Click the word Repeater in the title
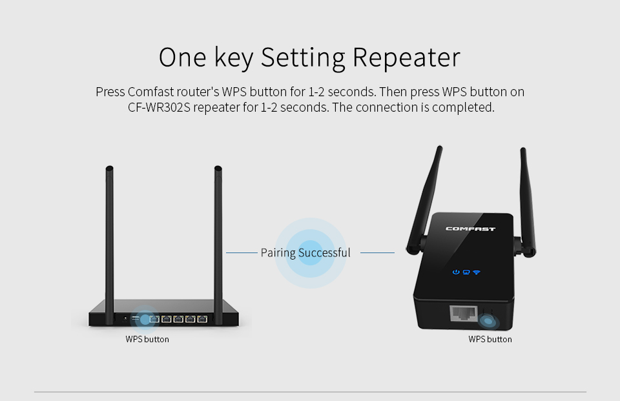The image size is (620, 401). (x=406, y=57)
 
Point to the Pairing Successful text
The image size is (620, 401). (x=305, y=252)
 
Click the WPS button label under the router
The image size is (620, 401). (x=147, y=339)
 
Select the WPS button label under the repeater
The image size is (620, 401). (x=490, y=339)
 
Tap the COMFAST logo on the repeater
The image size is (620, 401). (x=471, y=229)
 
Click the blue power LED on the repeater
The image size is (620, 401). (x=456, y=272)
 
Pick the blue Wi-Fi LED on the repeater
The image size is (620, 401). (x=477, y=272)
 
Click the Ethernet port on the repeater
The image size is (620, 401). (x=463, y=314)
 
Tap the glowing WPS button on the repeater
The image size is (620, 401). (x=488, y=321)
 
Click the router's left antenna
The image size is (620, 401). (x=110, y=241)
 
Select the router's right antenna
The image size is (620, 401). (x=218, y=241)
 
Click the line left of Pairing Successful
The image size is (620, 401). (x=242, y=252)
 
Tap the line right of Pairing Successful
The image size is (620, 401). (x=377, y=252)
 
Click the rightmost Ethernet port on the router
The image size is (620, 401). (x=202, y=319)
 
